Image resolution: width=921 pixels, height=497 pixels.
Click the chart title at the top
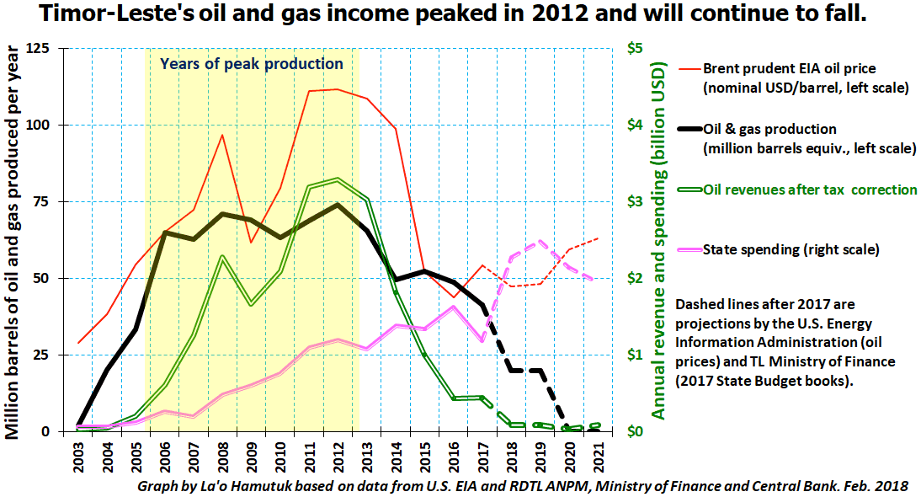453,13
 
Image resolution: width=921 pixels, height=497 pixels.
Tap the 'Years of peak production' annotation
252,63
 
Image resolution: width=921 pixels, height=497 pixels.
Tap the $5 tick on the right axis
635,48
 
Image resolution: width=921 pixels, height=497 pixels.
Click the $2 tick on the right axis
635,278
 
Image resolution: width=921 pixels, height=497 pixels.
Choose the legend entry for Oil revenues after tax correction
797,190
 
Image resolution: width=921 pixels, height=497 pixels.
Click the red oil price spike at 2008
222,135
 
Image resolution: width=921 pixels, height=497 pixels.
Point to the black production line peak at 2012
337,205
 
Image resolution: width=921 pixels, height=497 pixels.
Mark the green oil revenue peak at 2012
338,179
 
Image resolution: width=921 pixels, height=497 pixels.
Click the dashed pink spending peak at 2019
540,241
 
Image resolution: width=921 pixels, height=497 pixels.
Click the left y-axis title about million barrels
13,242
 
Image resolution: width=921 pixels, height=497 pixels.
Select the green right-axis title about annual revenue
659,241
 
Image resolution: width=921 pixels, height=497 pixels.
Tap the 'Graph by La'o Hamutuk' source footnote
522,486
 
